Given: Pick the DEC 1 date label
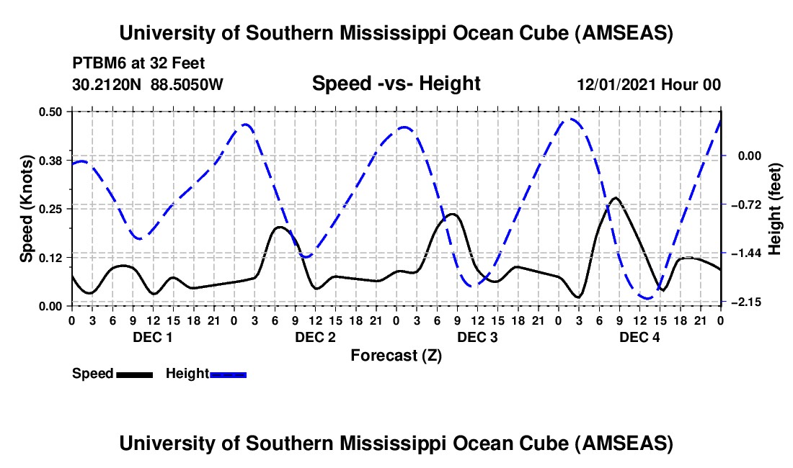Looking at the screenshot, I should point(152,338).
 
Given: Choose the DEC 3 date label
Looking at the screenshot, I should point(477,338).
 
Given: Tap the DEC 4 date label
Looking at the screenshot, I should point(639,338).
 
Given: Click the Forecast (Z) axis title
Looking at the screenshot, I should point(396,355).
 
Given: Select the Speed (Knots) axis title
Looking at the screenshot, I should point(27,208).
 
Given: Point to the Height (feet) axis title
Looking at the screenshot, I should point(775,208).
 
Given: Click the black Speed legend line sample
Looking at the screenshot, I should point(134,374).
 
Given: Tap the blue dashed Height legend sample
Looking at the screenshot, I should point(229,374).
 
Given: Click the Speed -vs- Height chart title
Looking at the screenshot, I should point(396,84).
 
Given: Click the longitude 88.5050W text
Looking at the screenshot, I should point(187,84).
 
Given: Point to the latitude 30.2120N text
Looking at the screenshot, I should point(108,84).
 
